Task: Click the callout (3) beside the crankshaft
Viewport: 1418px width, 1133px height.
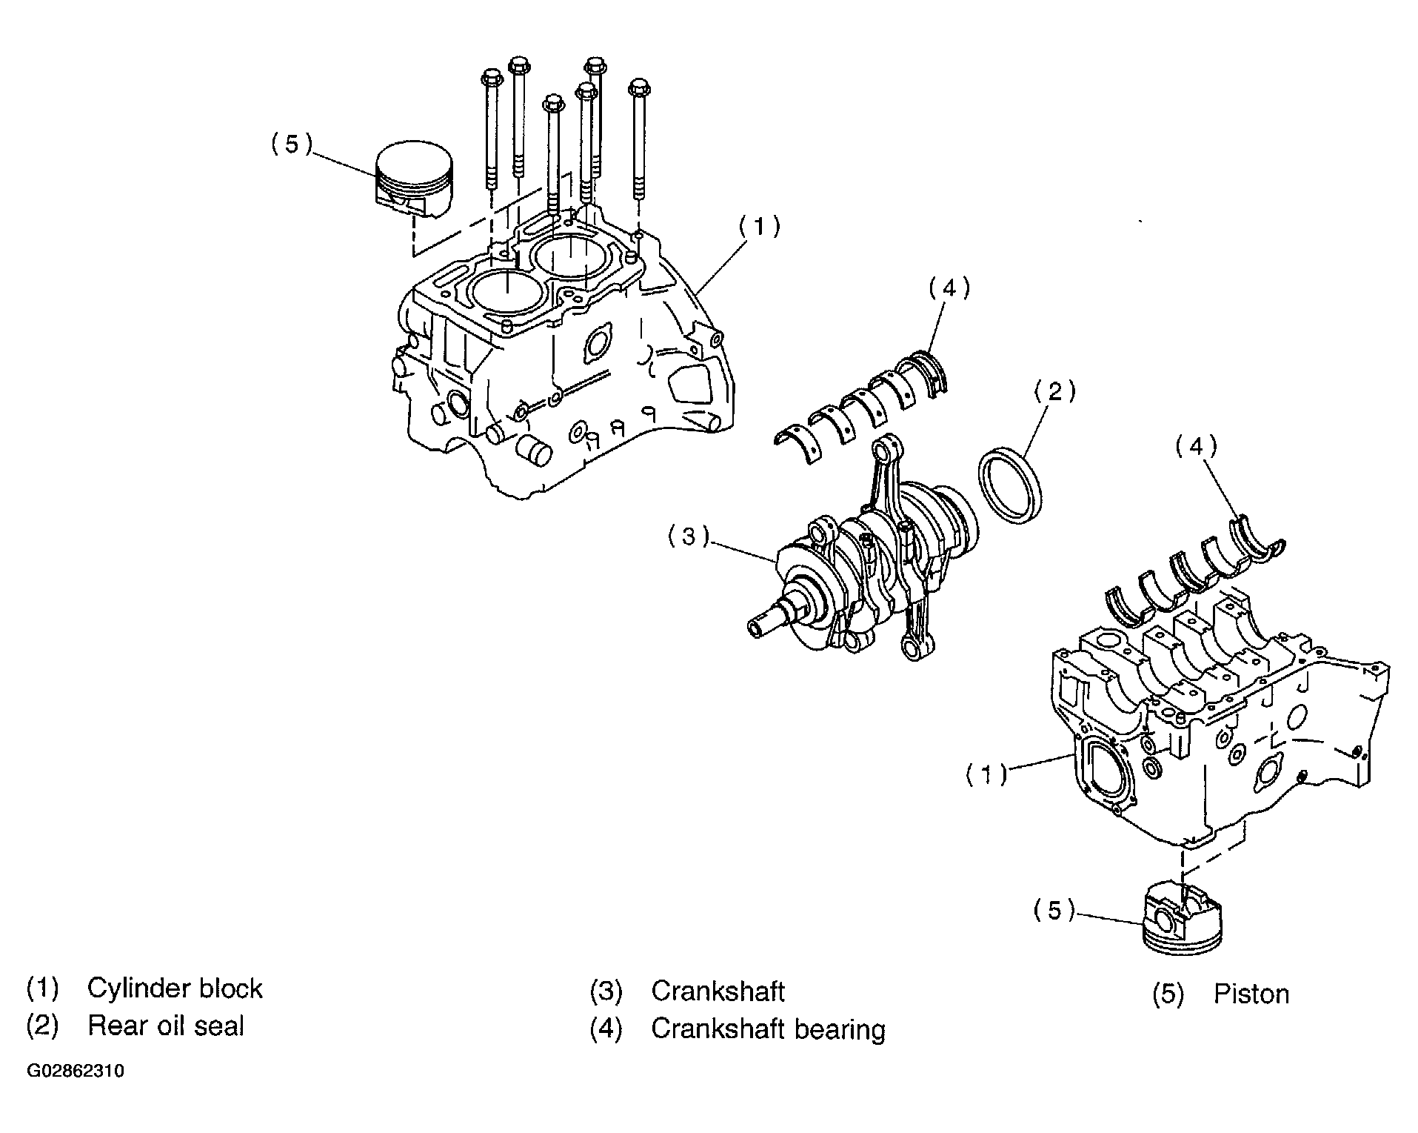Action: (x=689, y=536)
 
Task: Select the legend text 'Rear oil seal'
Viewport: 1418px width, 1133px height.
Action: (x=166, y=1026)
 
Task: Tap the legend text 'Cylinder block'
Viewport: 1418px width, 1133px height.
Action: (x=175, y=989)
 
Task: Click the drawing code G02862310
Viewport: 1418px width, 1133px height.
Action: (x=76, y=1071)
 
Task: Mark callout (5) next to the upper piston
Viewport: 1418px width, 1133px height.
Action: (x=291, y=144)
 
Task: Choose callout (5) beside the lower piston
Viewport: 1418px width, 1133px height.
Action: (x=1054, y=910)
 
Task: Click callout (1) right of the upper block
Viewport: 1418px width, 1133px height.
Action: (x=758, y=226)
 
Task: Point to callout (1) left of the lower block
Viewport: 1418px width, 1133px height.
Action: (x=986, y=774)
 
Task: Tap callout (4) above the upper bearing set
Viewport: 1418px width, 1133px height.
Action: (x=949, y=288)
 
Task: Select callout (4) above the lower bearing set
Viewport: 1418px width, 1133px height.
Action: (x=1196, y=446)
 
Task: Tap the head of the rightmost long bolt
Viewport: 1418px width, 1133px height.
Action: (x=638, y=87)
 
